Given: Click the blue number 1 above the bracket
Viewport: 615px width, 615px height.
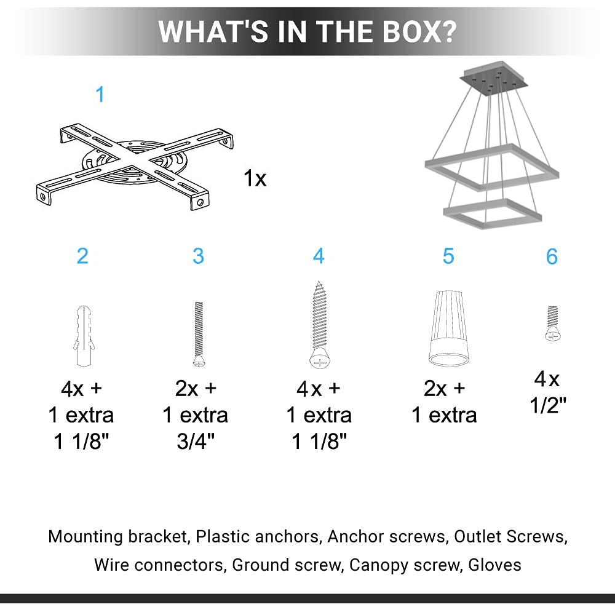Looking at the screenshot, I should [100, 95].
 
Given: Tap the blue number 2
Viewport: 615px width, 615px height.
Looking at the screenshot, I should [82, 256].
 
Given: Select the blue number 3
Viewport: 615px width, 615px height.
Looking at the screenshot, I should [198, 256].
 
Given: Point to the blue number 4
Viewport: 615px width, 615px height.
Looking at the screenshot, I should [319, 256].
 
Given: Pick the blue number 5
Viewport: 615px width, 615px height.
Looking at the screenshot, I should [448, 256].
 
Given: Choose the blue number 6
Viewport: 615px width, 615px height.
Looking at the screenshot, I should [552, 256].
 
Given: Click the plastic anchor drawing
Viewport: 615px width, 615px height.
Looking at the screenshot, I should [82, 335].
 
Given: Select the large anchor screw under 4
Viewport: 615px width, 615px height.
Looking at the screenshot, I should [319, 325].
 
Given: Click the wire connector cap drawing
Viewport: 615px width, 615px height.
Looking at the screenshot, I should [447, 329].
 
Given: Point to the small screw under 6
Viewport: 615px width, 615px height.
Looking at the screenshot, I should [552, 323].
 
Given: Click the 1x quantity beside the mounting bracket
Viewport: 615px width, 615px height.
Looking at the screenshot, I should [255, 179].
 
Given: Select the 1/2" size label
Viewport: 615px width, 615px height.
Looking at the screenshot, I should [548, 405].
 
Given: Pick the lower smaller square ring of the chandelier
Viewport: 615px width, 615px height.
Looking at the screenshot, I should [492, 211].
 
